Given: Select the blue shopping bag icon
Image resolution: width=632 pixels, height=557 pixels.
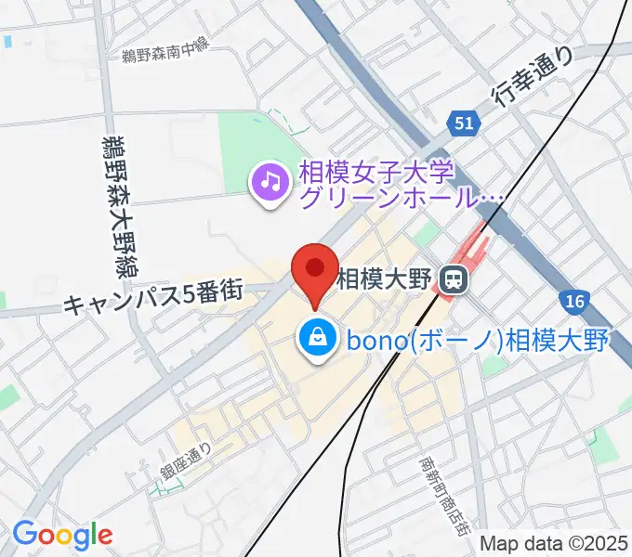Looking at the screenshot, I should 318,339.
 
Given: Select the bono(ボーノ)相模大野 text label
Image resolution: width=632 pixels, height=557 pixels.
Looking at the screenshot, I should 477,341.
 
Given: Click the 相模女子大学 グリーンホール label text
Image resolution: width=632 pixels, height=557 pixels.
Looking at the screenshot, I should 400,185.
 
